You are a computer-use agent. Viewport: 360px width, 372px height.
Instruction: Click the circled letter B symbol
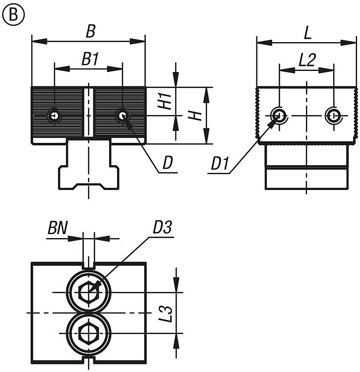13,14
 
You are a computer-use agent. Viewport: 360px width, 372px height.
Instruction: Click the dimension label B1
90,59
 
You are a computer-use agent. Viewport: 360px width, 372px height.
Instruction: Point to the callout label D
168,163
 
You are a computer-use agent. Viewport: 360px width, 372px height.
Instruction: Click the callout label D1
220,164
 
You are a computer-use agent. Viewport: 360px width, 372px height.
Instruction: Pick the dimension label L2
307,60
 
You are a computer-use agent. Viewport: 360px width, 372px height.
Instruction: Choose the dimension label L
307,33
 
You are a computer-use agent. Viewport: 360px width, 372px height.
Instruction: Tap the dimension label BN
58,228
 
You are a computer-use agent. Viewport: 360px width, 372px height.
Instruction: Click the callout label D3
162,227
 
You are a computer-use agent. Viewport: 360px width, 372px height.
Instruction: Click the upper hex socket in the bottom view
88,292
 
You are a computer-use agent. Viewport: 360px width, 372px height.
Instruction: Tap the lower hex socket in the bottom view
88,333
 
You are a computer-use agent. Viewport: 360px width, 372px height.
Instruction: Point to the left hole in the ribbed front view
55,116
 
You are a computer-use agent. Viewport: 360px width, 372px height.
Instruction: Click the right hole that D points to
122,116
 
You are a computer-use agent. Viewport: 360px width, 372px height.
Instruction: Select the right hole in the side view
333,116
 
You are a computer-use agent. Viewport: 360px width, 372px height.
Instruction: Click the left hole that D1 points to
279,116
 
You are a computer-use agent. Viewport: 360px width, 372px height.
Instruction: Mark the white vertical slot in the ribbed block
89,113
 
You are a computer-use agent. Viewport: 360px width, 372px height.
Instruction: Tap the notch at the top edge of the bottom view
89,266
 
